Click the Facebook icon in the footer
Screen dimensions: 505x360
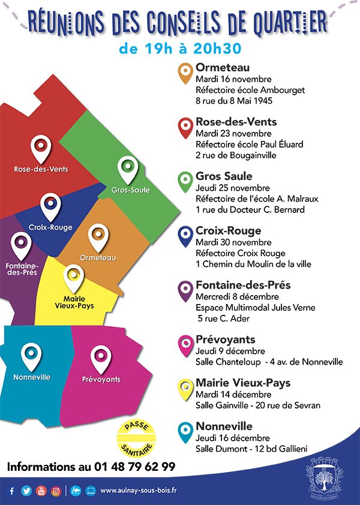point(11,491)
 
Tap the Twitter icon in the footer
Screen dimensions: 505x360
point(26,491)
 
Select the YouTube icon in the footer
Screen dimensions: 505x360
point(41,491)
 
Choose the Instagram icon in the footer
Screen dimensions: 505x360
point(56,491)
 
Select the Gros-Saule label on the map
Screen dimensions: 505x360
point(131,190)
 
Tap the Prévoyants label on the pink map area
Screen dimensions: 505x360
point(101,379)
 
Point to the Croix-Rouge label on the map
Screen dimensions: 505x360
point(50,227)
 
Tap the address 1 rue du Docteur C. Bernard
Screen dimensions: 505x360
point(250,210)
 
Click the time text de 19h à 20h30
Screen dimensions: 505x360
point(179,48)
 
